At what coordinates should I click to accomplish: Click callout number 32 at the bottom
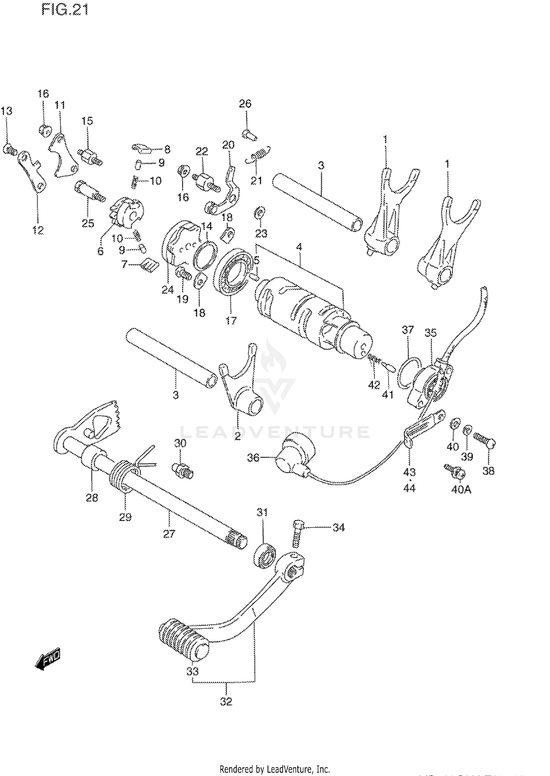click(226, 702)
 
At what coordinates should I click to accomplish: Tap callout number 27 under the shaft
click(169, 534)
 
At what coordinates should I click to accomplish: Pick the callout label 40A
click(461, 489)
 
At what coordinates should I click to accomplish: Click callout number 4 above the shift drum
click(299, 247)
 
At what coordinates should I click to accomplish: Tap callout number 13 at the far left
click(7, 111)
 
